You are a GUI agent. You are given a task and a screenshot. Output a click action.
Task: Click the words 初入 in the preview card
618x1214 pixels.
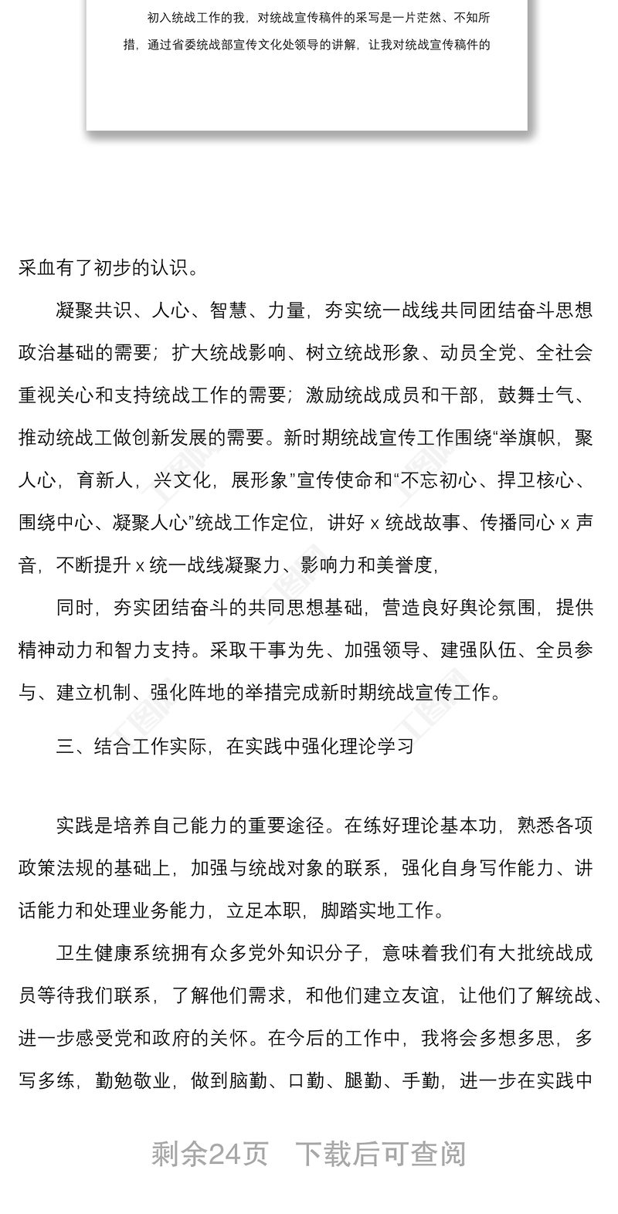click(x=158, y=17)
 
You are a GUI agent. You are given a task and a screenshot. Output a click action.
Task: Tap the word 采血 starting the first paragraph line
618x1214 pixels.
click(x=37, y=268)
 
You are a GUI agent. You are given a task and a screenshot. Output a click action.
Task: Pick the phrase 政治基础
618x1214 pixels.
click(x=56, y=354)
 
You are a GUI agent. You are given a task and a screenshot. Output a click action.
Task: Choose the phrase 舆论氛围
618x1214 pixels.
click(x=489, y=608)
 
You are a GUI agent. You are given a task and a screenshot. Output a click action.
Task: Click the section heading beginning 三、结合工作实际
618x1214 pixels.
click(x=235, y=746)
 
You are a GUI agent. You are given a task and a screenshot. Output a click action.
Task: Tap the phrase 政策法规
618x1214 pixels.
click(x=56, y=869)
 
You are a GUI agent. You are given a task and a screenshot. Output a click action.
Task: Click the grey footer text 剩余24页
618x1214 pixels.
click(x=210, y=1155)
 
